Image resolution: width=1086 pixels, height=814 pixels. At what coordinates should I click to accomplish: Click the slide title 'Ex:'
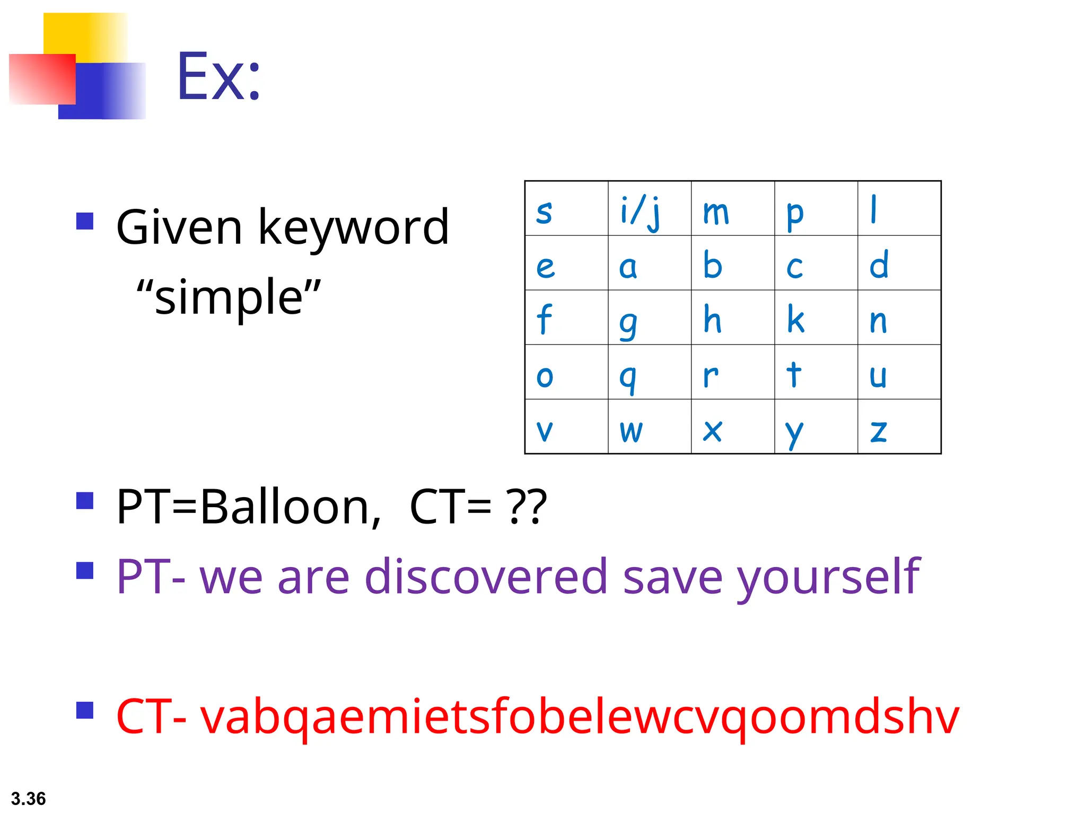[218, 77]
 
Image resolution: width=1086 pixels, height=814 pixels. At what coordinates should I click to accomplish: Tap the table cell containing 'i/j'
[649, 209]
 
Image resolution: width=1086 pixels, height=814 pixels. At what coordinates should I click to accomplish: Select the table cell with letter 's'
[566, 209]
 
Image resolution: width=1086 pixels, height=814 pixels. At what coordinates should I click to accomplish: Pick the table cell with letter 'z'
[899, 427]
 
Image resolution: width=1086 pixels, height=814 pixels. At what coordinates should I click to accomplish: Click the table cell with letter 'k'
[816, 318]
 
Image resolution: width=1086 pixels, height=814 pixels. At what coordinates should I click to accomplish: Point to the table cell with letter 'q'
[649, 373]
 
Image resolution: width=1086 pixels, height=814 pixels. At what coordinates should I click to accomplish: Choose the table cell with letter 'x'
[732, 427]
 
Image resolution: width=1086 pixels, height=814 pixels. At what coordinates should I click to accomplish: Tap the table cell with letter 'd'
[899, 263]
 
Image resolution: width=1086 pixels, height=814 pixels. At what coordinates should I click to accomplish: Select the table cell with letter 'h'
[732, 318]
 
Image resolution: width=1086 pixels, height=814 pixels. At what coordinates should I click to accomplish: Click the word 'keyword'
[354, 228]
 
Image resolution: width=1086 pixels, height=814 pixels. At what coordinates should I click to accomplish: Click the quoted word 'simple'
[229, 297]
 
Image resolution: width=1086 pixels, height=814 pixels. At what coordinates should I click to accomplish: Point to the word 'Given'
[179, 228]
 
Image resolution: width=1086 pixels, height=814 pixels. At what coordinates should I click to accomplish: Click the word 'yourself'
[828, 578]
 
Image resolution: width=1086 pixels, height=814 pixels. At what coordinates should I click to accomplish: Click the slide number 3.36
[28, 799]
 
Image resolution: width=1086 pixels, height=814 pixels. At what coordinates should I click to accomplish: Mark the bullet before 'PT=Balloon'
[85, 501]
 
